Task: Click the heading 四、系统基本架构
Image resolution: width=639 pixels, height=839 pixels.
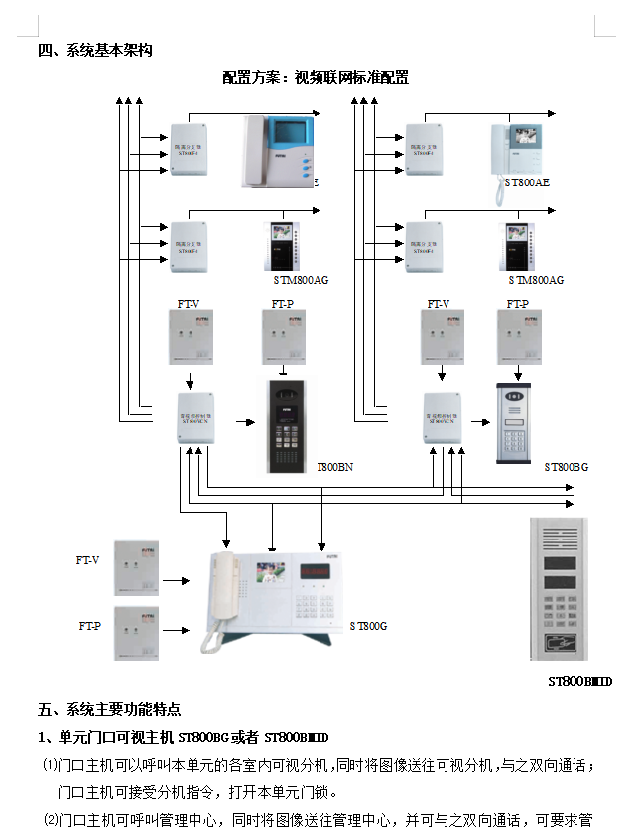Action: [x=95, y=51]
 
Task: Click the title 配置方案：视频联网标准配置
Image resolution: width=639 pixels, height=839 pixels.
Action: [x=316, y=77]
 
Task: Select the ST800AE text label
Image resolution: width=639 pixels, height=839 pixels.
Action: [x=527, y=182]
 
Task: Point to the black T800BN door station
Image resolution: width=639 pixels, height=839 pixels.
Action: [x=289, y=426]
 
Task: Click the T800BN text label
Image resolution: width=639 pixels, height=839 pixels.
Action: [x=334, y=466]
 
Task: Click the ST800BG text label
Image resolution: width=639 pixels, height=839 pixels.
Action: [x=566, y=466]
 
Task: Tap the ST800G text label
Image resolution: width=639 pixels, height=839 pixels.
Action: [x=368, y=626]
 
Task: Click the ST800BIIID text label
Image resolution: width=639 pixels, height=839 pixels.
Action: [x=580, y=682]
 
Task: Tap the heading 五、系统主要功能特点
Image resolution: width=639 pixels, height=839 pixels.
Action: [x=109, y=710]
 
